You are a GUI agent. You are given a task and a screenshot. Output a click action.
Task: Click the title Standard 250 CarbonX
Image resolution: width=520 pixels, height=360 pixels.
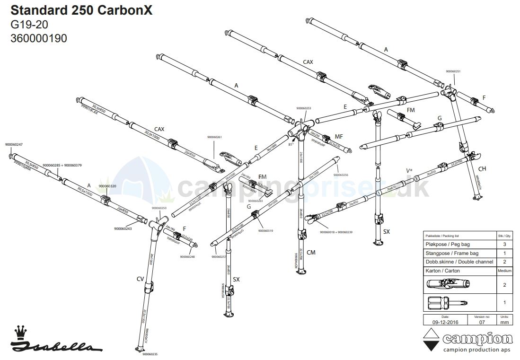pyautogui.click(x=81, y=10)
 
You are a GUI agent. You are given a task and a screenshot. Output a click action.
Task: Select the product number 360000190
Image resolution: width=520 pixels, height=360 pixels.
pyautogui.click(x=39, y=38)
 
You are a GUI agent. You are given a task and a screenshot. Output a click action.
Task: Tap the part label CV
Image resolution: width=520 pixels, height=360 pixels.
pyautogui.click(x=140, y=279)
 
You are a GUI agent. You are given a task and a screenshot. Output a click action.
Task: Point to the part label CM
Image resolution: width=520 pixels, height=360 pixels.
pyautogui.click(x=311, y=253)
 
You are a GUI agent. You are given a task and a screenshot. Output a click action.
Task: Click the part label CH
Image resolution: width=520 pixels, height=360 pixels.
pyautogui.click(x=482, y=169)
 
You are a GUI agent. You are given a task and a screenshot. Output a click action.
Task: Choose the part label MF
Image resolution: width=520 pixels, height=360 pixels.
pyautogui.click(x=339, y=136)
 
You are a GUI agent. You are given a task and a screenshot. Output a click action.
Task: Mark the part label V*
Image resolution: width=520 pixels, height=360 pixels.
pyautogui.click(x=409, y=170)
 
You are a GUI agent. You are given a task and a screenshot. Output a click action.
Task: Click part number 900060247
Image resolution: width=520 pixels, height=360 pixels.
pyautogui.click(x=14, y=144)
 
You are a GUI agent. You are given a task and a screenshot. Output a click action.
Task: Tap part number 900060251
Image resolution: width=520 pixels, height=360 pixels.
pyautogui.click(x=453, y=71)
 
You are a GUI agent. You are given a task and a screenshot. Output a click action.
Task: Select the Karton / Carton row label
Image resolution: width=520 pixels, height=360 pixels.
pyautogui.click(x=442, y=271)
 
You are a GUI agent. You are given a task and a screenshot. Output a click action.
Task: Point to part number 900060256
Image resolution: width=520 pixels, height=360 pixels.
pyautogui.click(x=341, y=175)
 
